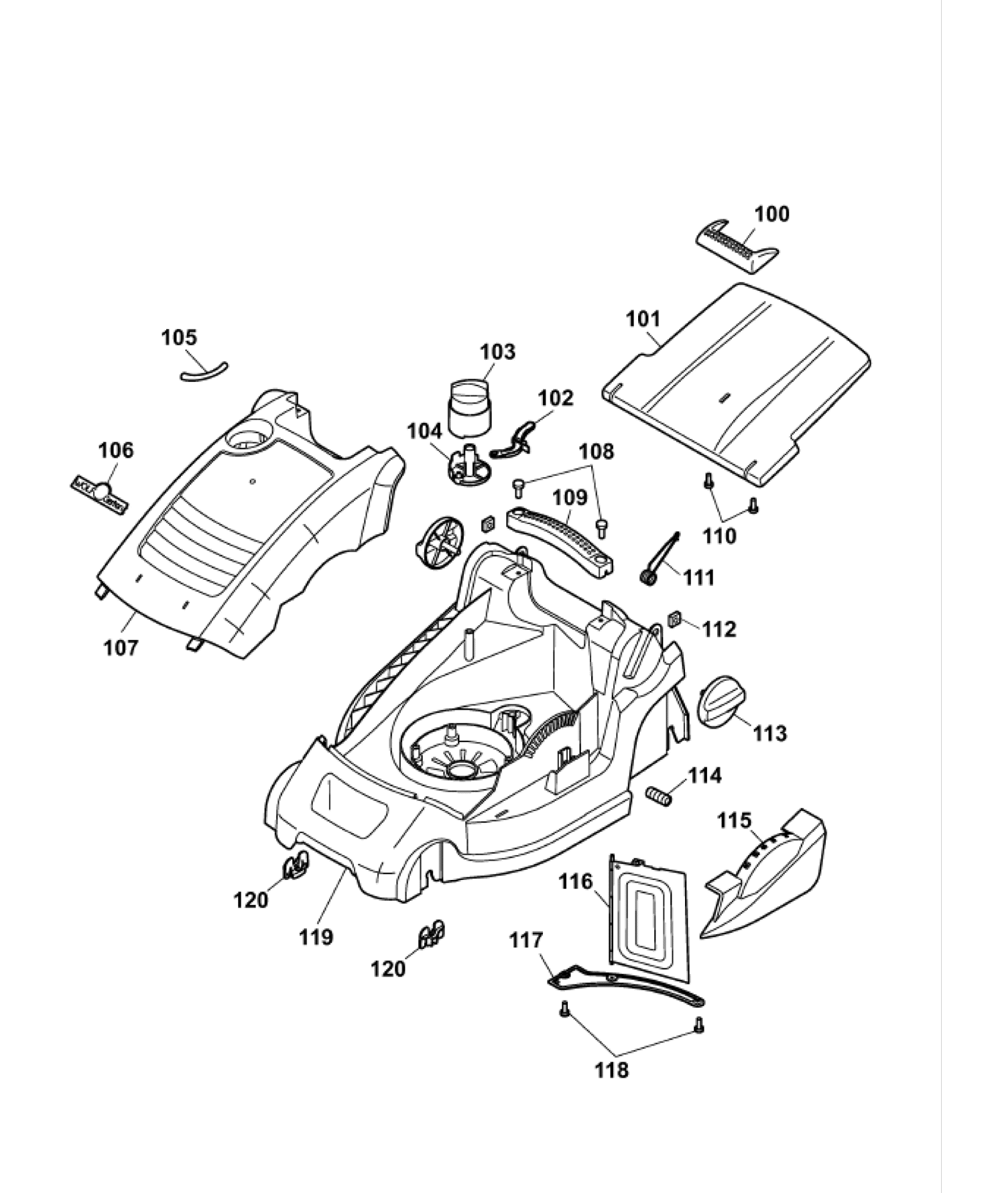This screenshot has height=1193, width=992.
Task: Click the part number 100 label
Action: point(772,214)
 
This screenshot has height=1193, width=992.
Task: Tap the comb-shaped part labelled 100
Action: point(735,246)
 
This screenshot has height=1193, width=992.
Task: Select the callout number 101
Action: point(643,319)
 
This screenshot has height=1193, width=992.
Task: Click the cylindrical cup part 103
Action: point(469,406)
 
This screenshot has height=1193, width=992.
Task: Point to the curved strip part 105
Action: point(204,373)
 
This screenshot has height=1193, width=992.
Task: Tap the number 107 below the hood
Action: point(121,648)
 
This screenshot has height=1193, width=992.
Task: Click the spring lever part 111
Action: point(660,558)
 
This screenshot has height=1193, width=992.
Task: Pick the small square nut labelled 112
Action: point(674,619)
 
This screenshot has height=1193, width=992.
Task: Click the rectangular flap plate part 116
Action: point(648,914)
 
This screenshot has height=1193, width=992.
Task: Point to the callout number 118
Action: point(612,1070)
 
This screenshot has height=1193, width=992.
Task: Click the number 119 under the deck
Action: point(316,936)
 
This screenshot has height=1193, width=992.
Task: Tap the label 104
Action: point(425,432)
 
